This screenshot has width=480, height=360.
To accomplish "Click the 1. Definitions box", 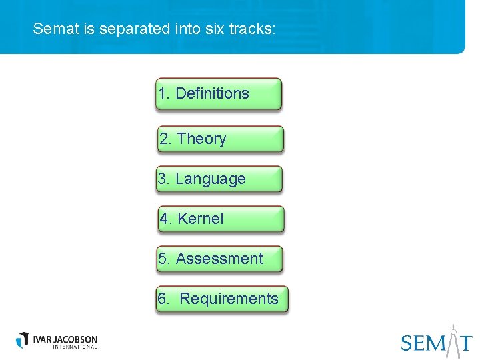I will [219, 94].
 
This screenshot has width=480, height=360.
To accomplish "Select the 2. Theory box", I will [220, 139].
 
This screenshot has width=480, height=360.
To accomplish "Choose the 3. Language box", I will [219, 179].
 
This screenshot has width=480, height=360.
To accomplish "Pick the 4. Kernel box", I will [221, 219].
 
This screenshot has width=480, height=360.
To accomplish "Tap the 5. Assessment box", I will [219, 259].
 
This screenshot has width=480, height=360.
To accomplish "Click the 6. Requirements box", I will [221, 299].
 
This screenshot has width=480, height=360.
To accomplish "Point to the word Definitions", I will [212, 94].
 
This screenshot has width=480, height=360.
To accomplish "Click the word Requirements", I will [229, 299].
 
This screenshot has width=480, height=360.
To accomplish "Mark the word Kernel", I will [201, 219].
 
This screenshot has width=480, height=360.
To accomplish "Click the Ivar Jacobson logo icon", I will [23, 339].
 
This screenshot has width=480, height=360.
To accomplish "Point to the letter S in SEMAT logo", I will [407, 343].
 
